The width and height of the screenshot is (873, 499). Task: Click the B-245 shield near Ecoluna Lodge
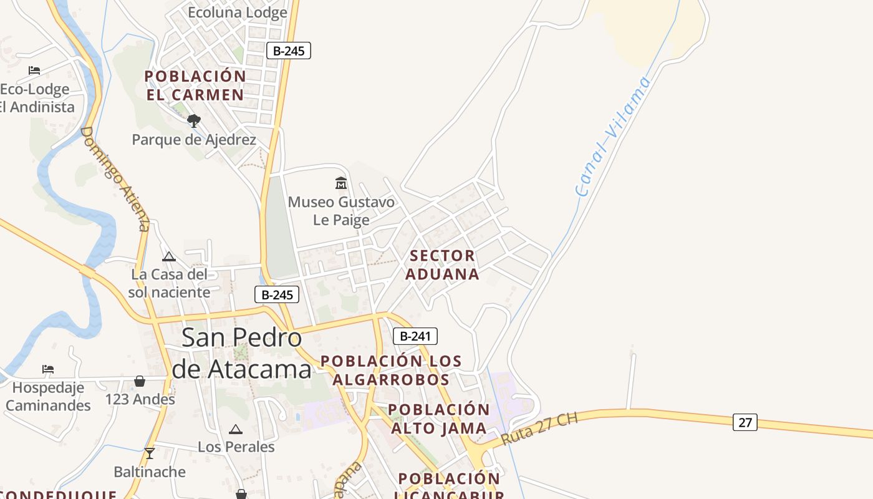(x=288, y=51)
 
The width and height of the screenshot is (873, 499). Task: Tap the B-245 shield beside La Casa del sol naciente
(x=277, y=295)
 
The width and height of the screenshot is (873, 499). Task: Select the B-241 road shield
(x=415, y=336)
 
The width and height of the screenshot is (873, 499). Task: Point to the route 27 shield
(x=745, y=422)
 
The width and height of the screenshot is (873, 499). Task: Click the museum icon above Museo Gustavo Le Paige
(x=341, y=183)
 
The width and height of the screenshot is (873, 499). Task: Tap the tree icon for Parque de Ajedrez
(x=194, y=120)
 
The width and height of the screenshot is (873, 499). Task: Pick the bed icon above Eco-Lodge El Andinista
(x=34, y=70)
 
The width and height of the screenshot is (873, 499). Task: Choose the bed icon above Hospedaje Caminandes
(x=48, y=369)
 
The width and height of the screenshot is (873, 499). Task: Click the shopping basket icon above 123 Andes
(x=140, y=380)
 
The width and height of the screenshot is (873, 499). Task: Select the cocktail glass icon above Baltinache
(x=149, y=453)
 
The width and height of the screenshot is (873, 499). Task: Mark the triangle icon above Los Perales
(x=235, y=429)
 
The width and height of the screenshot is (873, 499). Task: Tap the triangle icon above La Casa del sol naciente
(x=168, y=256)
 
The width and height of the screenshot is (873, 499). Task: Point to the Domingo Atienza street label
(x=116, y=178)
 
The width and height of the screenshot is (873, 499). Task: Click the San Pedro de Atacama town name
(x=242, y=353)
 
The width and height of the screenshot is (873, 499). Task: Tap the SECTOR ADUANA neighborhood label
(x=443, y=265)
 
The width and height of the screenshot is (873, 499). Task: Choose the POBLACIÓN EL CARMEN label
(x=195, y=85)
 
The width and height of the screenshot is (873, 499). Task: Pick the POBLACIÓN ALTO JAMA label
(x=439, y=419)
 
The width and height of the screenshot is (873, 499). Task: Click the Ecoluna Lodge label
(x=238, y=12)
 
